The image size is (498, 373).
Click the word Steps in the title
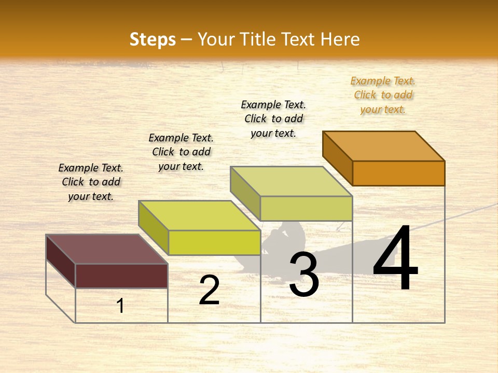(x=153, y=39)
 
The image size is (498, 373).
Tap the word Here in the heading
(x=340, y=39)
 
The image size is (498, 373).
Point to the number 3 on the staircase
(x=304, y=275)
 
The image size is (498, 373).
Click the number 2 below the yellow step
(x=209, y=290)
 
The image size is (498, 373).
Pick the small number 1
(x=120, y=306)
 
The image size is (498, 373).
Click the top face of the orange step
(x=384, y=146)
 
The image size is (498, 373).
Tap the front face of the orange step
(x=398, y=173)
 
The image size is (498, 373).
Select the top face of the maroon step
(x=107, y=249)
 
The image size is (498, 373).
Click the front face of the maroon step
(x=121, y=276)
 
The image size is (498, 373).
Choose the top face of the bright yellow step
(x=200, y=216)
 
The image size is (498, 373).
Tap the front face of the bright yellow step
(x=214, y=242)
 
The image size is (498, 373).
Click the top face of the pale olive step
(x=292, y=181)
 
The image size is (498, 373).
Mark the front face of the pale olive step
(x=306, y=208)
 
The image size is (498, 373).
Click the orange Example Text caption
(x=383, y=95)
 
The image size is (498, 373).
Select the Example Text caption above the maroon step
(x=91, y=182)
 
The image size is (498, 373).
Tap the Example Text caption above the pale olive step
(x=273, y=119)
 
